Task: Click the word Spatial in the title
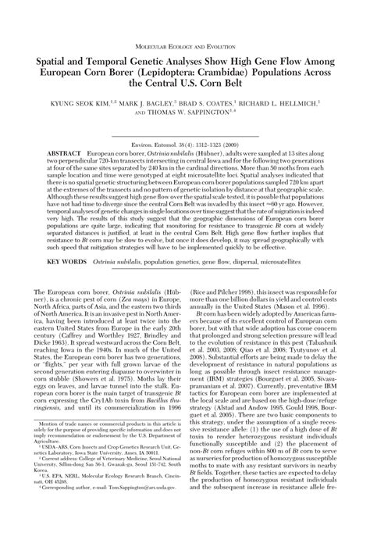(54, 61)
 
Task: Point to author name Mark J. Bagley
(147, 102)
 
